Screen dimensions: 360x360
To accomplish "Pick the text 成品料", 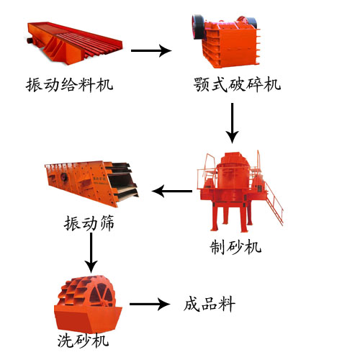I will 209,305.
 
